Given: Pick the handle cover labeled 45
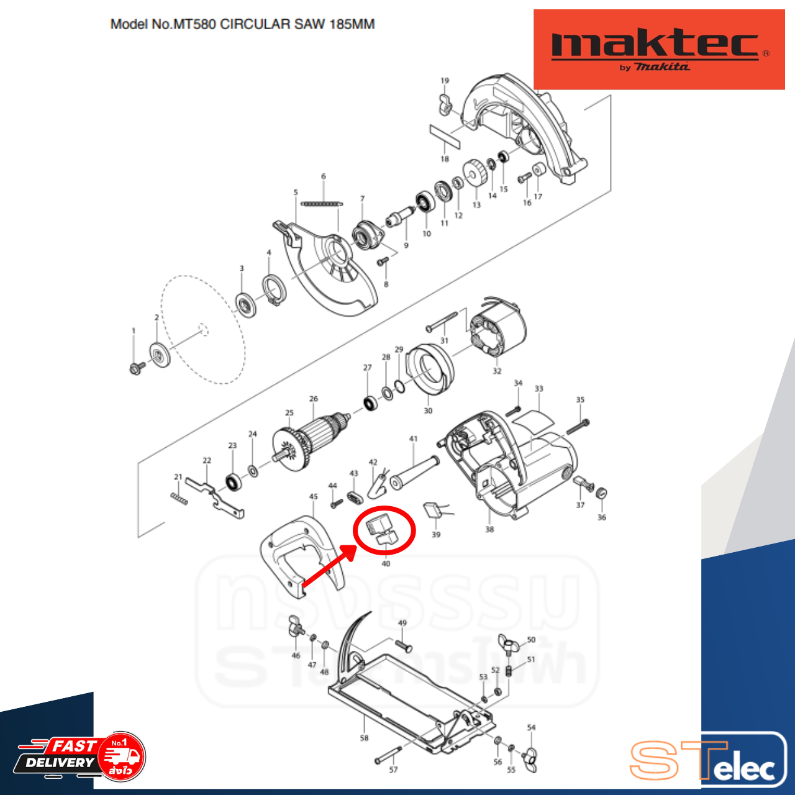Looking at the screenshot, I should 301,553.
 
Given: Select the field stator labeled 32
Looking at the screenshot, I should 497,333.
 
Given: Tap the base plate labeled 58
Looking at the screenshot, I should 410,702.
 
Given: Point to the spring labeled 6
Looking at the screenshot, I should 321,202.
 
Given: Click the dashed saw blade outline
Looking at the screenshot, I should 202,329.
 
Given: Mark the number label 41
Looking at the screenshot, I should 414,439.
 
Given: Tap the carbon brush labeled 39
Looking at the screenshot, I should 432,511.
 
